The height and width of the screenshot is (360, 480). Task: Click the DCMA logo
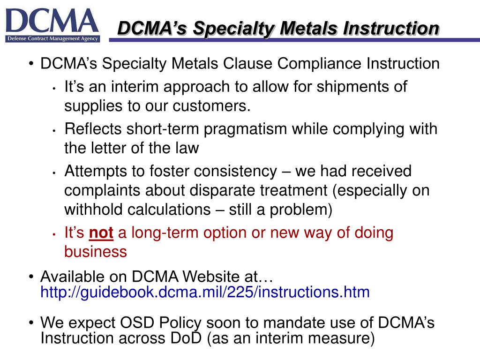(x=52, y=24)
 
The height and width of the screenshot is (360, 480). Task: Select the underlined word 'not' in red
(x=101, y=233)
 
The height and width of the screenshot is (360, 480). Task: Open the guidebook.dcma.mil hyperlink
(x=205, y=292)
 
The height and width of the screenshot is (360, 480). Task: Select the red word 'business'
(x=95, y=252)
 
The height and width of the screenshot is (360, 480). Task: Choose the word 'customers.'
(x=212, y=106)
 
